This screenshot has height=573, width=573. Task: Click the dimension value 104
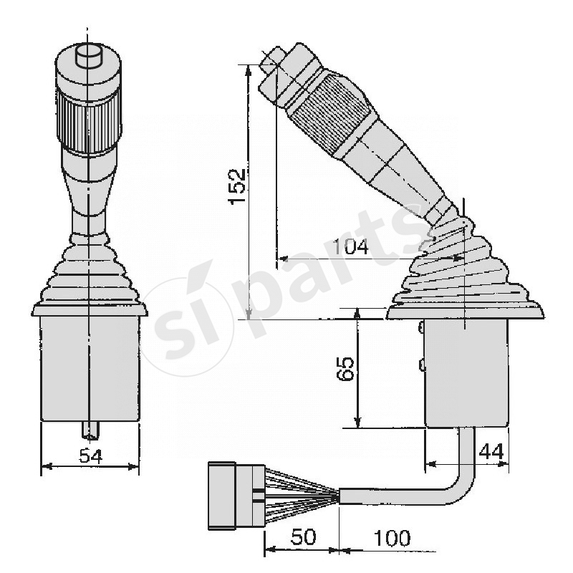click(x=351, y=247)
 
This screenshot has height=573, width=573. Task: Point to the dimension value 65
click(x=346, y=369)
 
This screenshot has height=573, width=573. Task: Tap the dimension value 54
click(x=90, y=455)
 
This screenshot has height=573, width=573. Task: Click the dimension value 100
click(x=391, y=538)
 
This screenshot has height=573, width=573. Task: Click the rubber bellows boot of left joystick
click(x=89, y=276)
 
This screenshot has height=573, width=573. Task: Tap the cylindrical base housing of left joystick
click(x=90, y=369)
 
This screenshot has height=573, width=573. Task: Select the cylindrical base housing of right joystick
click(x=466, y=372)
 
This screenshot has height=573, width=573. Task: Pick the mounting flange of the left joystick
click(x=90, y=309)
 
